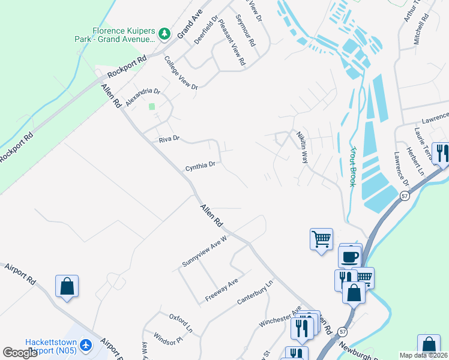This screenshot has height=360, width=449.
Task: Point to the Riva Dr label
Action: click(x=169, y=139)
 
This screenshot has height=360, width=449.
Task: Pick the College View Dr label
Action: click(x=181, y=73)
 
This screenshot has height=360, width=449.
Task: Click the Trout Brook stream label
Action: click(x=354, y=166)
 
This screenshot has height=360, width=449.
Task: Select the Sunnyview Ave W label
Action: click(x=204, y=252)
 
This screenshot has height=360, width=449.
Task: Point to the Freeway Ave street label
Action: click(x=221, y=290)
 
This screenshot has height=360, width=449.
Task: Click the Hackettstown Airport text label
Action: click(x=50, y=346)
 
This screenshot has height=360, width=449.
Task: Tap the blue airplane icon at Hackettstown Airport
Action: click(x=86, y=345)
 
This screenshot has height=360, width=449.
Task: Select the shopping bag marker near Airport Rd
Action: click(x=67, y=286)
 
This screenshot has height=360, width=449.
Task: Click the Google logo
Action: click(x=20, y=353)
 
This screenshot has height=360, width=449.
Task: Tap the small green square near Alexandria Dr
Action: click(x=152, y=107)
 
